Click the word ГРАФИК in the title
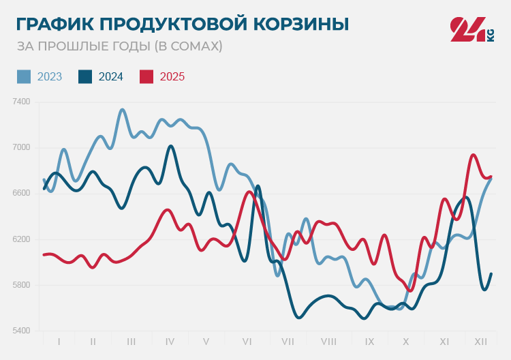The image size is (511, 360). coord(55,25)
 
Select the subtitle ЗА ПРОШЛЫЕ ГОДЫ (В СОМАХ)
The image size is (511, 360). coord(119,46)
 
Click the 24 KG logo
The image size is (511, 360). coord(471,29)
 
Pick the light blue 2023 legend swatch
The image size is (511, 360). coord(24,76)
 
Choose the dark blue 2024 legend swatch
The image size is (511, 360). coord(85,76)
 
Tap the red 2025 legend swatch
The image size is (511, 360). coord(146,76)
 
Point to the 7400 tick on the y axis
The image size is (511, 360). coord(21,102)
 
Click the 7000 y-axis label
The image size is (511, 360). coord(21,147)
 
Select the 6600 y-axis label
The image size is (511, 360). coord(21,193)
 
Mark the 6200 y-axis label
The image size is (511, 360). coord(21,239)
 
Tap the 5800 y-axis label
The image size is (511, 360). coord(21,285)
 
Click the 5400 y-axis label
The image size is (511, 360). coord(21,331)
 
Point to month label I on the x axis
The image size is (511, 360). coord(59,341)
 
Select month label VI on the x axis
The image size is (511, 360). coord(247,341)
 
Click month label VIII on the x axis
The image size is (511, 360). coord(328,341)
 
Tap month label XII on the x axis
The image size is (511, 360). coord(480,341)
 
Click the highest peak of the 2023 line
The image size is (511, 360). coord(123,110)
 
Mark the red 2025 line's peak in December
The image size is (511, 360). coord(474,155)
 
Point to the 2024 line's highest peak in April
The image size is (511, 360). coord(170,146)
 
